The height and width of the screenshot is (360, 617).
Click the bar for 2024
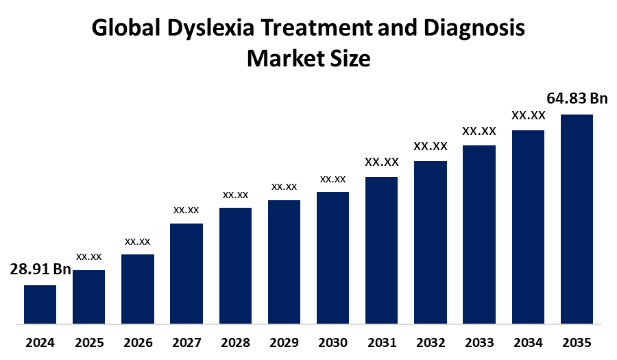click(40, 304)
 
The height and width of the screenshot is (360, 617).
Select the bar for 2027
click(186, 273)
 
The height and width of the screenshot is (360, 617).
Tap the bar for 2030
click(332, 257)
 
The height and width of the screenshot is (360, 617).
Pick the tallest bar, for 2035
click(577, 218)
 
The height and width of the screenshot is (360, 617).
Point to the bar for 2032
click(431, 241)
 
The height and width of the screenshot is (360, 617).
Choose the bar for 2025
click(88, 296)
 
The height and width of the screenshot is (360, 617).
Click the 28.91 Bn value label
click(40, 269)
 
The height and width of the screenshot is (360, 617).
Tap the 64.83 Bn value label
click(577, 99)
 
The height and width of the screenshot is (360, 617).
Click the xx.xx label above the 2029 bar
click(284, 187)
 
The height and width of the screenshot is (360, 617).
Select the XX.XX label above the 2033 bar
click(479, 130)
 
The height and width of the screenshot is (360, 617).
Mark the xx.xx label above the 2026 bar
click(137, 241)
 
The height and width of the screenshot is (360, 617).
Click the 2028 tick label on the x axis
click(235, 342)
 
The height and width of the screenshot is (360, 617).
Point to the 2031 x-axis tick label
click(381, 342)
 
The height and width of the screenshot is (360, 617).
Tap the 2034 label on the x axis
click(528, 342)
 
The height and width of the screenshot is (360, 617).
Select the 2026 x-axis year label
click(137, 342)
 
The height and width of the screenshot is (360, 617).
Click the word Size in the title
click(351, 58)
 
